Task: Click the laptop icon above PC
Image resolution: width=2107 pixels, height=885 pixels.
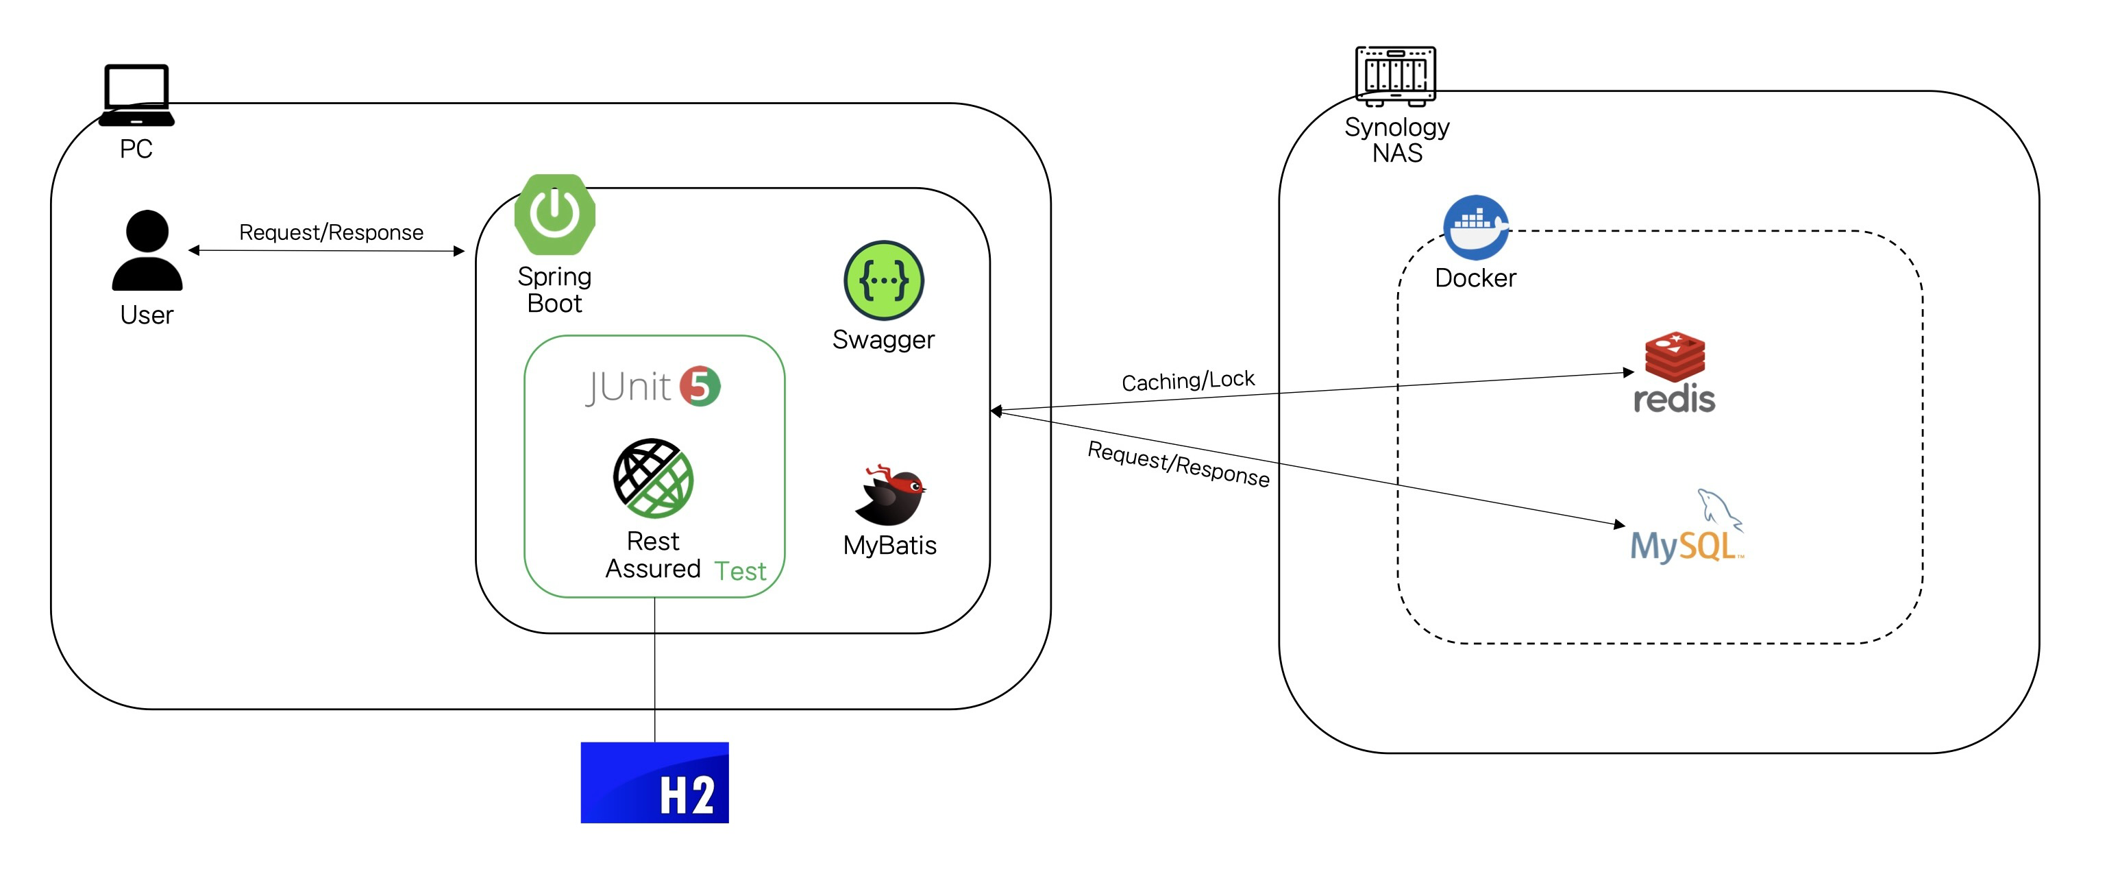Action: [x=136, y=95]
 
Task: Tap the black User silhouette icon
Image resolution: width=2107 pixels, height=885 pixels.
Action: [x=147, y=250]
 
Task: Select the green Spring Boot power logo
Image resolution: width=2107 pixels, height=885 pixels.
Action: [x=554, y=215]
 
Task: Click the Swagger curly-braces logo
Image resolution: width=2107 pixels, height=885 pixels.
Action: [x=883, y=280]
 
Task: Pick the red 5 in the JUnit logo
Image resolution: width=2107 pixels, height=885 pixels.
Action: [x=700, y=386]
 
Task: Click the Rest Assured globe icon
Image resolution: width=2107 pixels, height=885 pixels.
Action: [x=653, y=478]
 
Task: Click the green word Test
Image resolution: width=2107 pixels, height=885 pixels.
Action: [x=740, y=571]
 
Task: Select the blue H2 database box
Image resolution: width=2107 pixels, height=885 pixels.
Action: [x=654, y=782]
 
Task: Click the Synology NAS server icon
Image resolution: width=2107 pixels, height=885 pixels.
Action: [x=1395, y=76]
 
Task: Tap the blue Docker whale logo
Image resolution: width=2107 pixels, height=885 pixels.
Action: [x=1475, y=228]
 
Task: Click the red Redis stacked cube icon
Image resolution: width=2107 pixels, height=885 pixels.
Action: [x=1675, y=356]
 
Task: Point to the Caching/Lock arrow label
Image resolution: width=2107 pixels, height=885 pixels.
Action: [x=1187, y=380]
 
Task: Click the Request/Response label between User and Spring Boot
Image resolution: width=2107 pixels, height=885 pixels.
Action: [x=331, y=232]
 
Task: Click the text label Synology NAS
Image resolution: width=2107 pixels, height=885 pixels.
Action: [x=1397, y=140]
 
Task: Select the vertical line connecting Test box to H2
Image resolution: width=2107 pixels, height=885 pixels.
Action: [x=654, y=670]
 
